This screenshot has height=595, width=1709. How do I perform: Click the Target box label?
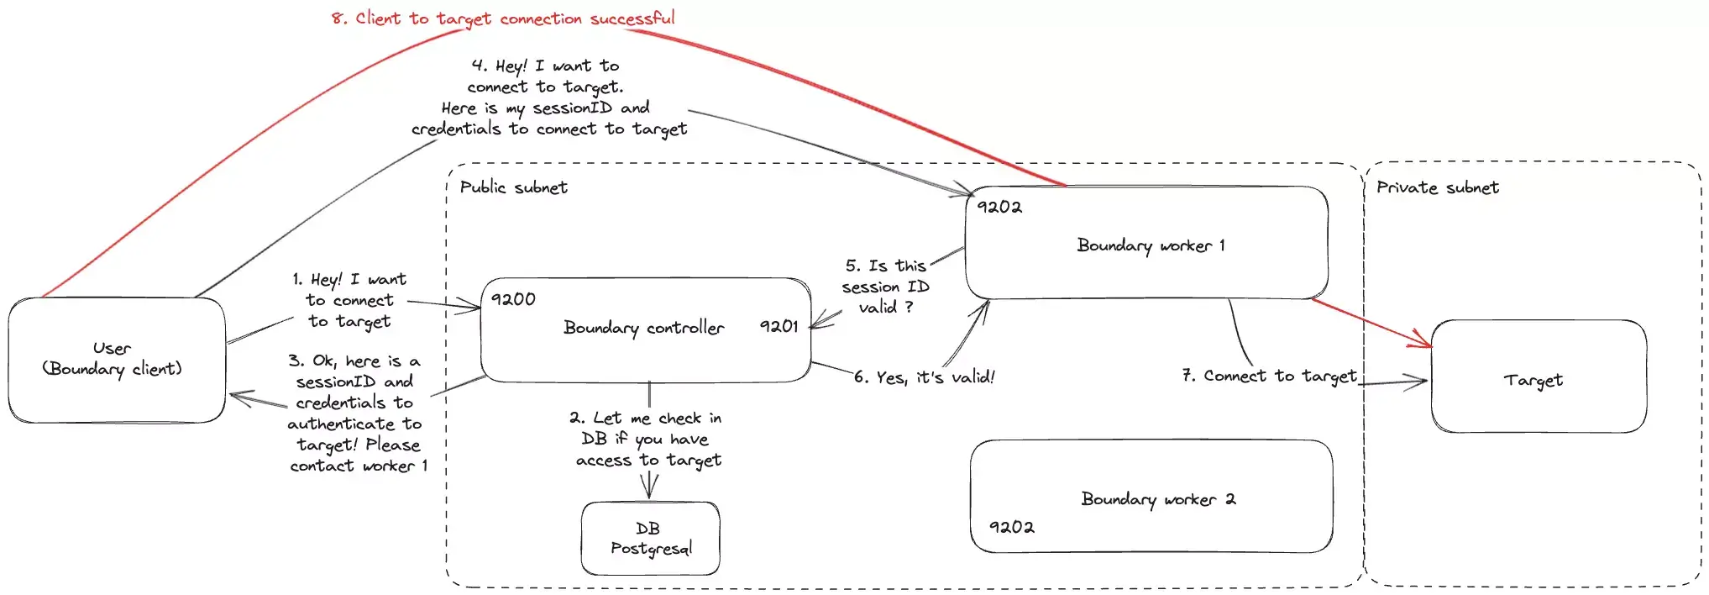coord(1533,380)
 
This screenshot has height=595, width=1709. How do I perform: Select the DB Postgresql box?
coord(650,539)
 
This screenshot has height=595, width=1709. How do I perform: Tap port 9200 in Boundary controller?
coord(512,299)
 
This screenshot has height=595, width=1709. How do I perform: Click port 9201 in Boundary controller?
coord(778,326)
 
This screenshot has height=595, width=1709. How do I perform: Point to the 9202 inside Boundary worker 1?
coord(999,207)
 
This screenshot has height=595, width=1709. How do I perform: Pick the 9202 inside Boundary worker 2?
coord(1011,527)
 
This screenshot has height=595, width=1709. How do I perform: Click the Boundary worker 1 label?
coord(1150,245)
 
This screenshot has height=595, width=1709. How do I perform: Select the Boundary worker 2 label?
coord(1157,499)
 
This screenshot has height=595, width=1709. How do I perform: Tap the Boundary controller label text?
coord(643,328)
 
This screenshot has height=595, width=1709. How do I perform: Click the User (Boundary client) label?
coord(112,359)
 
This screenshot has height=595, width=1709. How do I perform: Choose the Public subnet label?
coord(513,187)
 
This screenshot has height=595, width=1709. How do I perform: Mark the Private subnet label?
coord(1437,187)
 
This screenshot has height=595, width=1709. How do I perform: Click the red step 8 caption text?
coord(502,18)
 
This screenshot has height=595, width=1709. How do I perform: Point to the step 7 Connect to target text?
coord(1268,376)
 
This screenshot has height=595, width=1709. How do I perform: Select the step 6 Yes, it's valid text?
coord(924,377)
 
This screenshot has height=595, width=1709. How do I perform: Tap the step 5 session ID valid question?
coord(885,287)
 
